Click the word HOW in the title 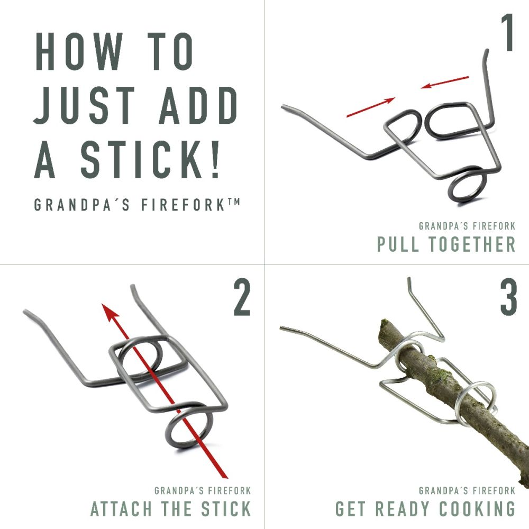click(79, 52)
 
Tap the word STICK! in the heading click(150, 159)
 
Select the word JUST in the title click(84, 105)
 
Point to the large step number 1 click(507, 33)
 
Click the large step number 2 click(242, 298)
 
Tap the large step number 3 click(508, 298)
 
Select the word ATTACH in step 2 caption click(121, 509)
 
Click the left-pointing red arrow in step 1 click(445, 83)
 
